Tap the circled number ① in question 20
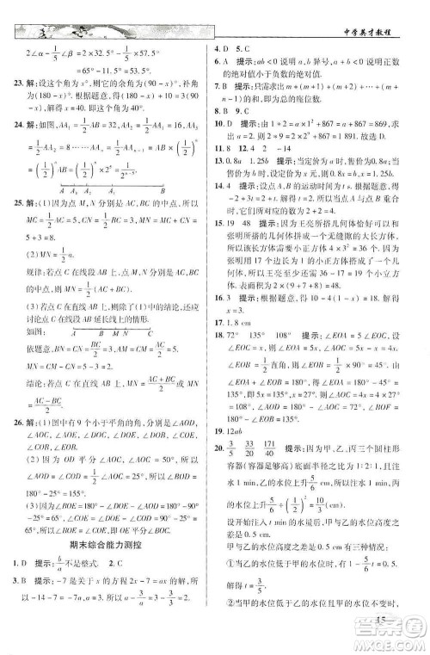point(229,585)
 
